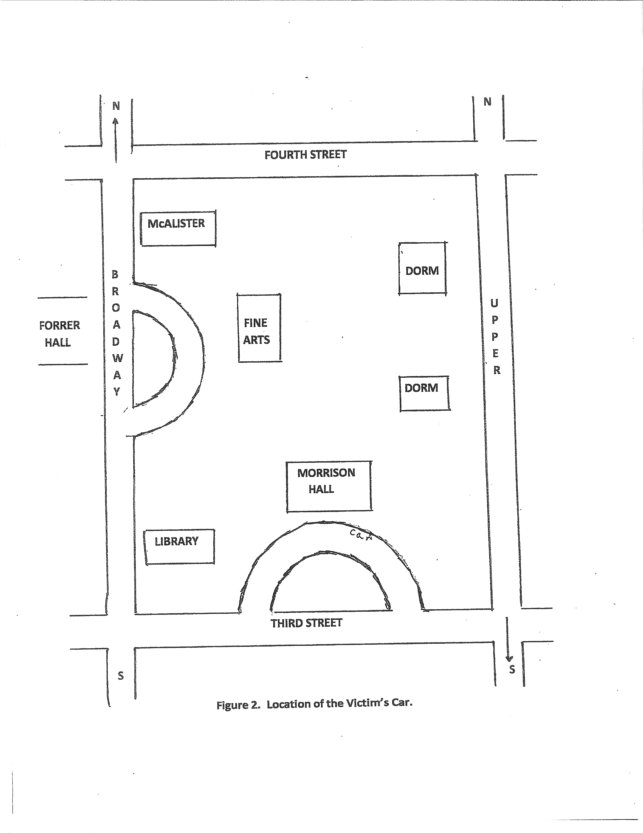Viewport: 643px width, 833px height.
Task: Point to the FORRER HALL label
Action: tap(59, 334)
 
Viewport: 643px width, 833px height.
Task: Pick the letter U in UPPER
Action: tap(494, 303)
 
